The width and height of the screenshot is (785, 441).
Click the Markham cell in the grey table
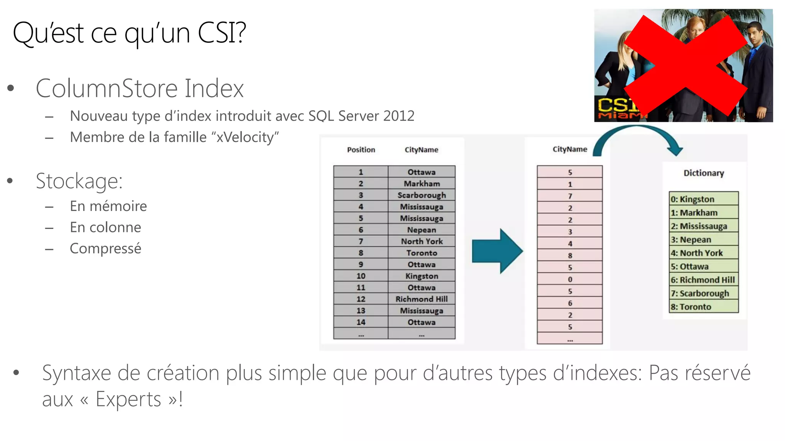click(422, 184)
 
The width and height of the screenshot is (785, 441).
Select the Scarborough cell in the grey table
click(422, 195)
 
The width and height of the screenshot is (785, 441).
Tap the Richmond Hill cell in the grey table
click(422, 299)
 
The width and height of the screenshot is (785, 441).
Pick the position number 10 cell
click(361, 276)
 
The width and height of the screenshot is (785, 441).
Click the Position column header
click(361, 150)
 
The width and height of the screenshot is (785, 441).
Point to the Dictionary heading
click(704, 173)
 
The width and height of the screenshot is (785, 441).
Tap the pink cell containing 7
click(570, 196)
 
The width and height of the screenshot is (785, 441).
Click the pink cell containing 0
click(570, 279)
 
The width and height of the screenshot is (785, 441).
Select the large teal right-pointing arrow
click(497, 251)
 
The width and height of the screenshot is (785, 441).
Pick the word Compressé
click(105, 249)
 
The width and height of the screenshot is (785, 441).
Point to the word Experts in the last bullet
click(128, 400)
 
